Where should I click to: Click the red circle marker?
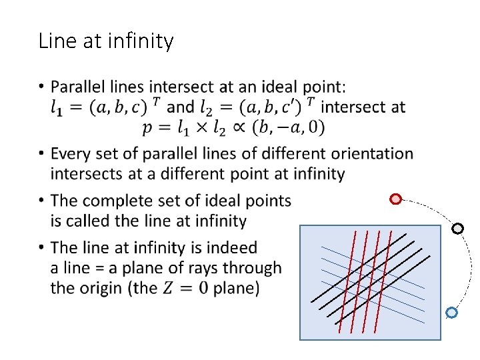395,199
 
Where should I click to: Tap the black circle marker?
457,229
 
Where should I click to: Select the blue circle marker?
451,312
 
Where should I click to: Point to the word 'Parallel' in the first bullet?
77,87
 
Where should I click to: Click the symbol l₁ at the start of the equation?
59,107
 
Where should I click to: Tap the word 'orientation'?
371,154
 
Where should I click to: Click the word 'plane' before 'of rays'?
137,268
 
